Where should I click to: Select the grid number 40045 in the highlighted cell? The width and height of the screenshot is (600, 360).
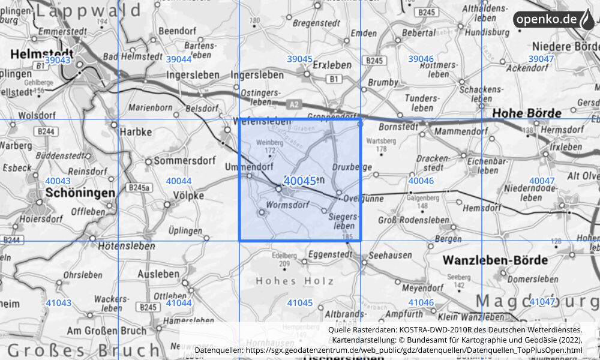pyautogui.click(x=300, y=181)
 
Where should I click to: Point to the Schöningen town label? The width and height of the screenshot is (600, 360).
pyautogui.click(x=80, y=193)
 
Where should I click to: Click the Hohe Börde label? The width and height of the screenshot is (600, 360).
pyautogui.click(x=526, y=112)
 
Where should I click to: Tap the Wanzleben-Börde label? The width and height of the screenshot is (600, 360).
pyautogui.click(x=495, y=260)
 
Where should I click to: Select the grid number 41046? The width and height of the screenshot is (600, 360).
pyautogui.click(x=421, y=302)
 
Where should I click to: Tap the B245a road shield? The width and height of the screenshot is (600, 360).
pyautogui.click(x=138, y=188)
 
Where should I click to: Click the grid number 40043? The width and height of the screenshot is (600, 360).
pyautogui.click(x=58, y=181)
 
